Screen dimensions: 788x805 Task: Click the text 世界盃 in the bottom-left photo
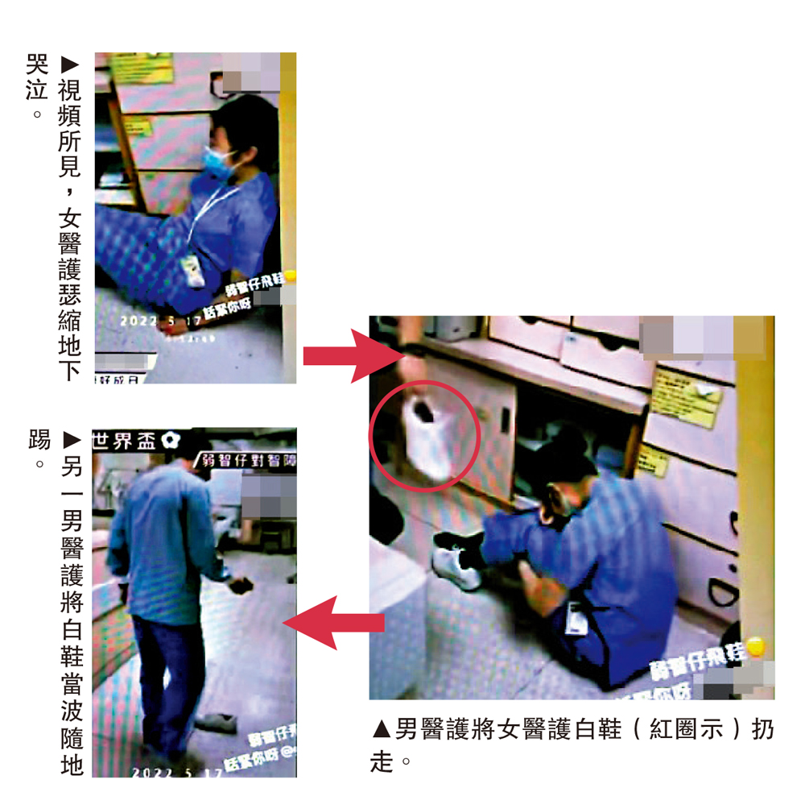(125, 440)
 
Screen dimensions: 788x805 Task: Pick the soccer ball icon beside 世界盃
(169, 440)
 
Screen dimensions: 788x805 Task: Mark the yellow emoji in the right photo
(755, 645)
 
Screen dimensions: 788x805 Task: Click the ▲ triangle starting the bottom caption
(382, 731)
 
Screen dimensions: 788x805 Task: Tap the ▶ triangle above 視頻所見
(70, 63)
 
